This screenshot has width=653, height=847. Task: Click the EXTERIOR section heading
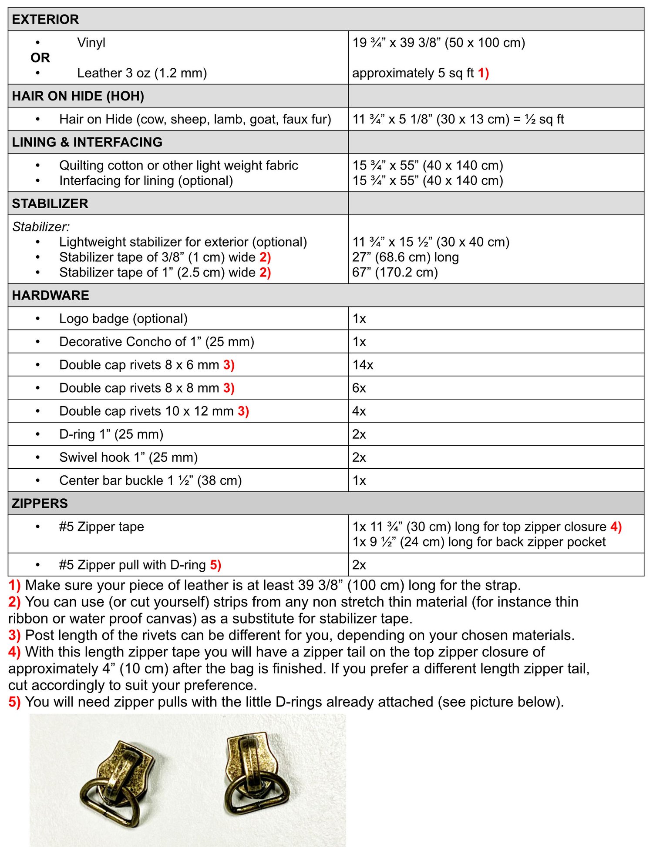tap(45, 20)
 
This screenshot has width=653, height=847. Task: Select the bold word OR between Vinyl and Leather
tap(40, 58)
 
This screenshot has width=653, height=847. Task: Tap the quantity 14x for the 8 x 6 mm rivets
tap(363, 365)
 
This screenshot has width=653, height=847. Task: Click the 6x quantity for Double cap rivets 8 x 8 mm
tap(359, 388)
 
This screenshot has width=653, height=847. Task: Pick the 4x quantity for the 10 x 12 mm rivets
tap(359, 411)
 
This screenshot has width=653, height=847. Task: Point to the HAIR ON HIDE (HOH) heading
tap(78, 96)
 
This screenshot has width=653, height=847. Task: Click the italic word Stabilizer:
tap(41, 227)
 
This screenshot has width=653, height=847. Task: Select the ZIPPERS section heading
tap(40, 504)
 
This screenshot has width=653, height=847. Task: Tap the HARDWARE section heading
tap(50, 295)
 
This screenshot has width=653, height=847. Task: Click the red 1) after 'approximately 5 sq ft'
tap(483, 73)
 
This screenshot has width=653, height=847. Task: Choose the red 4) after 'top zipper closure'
tap(616, 527)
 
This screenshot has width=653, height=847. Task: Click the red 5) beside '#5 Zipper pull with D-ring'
tap(215, 565)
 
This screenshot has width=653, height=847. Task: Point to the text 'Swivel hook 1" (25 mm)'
tap(128, 457)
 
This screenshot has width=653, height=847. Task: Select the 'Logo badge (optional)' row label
tap(123, 319)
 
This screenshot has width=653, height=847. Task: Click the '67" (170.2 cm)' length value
tap(395, 273)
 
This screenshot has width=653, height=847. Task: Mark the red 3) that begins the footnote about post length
tap(14, 635)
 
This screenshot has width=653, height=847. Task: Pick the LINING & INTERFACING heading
tap(87, 142)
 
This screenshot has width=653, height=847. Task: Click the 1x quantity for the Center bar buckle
tap(359, 480)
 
